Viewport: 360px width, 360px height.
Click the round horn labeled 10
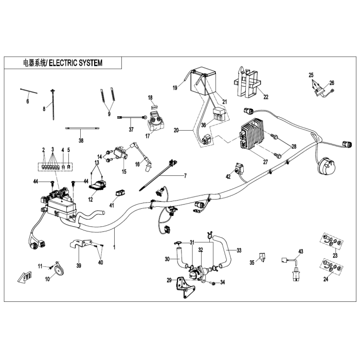coord(59,270)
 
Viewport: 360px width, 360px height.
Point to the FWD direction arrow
coord(25,277)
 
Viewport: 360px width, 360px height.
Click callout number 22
coord(266,97)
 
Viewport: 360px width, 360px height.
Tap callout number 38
coord(81,140)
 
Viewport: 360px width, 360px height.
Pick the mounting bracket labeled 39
coord(80,244)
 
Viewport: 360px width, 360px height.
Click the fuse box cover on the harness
coord(62,207)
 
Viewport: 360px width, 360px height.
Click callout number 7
coord(185,176)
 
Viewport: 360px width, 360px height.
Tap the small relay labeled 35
coord(262,257)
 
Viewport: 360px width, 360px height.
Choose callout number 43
coord(300,251)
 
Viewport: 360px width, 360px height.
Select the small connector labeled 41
coord(120,192)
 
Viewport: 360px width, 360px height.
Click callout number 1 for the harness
coord(114,247)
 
